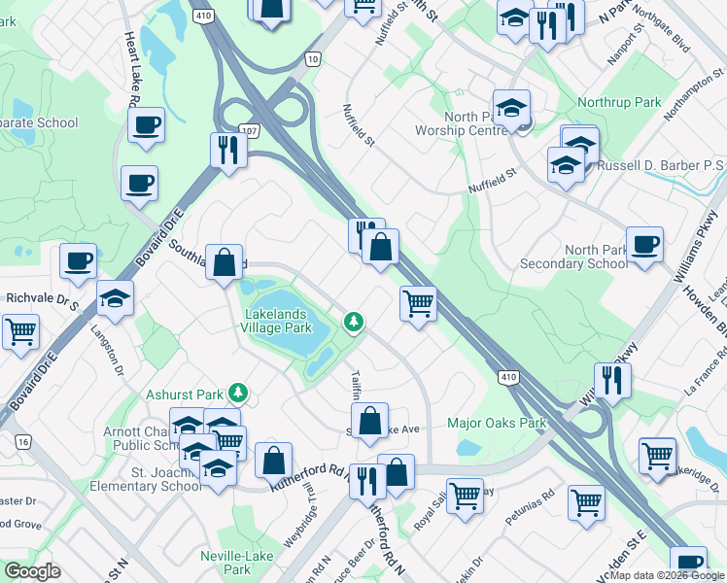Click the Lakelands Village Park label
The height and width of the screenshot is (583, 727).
point(277,322)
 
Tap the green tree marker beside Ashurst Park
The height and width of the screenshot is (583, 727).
point(237,394)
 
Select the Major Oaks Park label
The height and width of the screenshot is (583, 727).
point(497,423)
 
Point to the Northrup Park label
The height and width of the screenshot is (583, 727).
point(619,102)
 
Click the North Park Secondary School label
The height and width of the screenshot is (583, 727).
point(573,257)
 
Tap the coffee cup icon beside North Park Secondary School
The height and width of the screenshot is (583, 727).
point(644,244)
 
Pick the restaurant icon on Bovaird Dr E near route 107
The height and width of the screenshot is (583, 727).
point(228,150)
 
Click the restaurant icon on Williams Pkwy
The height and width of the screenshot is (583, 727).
point(612,379)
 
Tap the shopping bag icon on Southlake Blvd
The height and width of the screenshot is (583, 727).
point(224,262)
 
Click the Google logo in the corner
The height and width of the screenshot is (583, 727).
point(32,571)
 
